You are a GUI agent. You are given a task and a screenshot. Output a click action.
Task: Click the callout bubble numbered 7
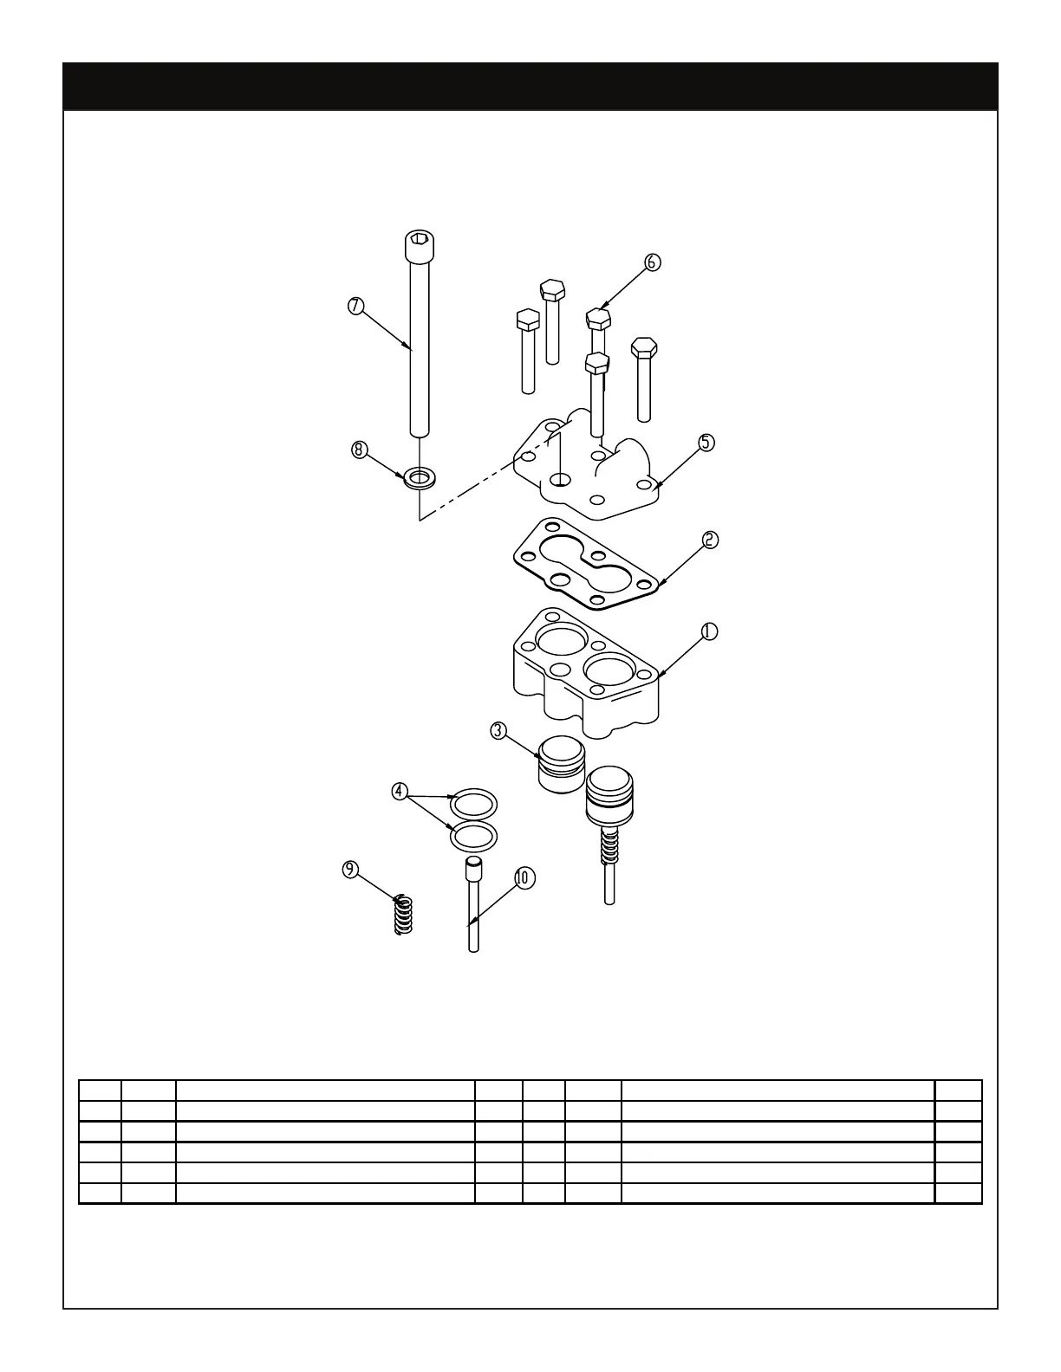(355, 306)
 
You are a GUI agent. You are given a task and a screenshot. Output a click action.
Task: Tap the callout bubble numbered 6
(653, 262)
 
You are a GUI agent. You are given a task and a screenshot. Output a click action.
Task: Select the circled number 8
(360, 450)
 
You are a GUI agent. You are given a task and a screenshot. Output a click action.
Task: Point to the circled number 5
(707, 442)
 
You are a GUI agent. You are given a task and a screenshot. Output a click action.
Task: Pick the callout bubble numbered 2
(709, 540)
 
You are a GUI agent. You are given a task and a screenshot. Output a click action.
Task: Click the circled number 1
(709, 631)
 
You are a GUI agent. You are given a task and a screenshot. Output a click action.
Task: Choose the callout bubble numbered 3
(498, 730)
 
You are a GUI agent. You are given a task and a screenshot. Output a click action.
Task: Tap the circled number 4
(399, 791)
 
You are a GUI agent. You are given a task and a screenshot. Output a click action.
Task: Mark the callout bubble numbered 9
(350, 869)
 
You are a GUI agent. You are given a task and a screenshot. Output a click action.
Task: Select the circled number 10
(524, 877)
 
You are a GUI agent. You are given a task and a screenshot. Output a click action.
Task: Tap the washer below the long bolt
(420, 476)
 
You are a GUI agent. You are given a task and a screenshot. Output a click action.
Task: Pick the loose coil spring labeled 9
(401, 914)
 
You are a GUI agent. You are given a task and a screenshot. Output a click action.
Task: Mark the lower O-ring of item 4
(473, 836)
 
